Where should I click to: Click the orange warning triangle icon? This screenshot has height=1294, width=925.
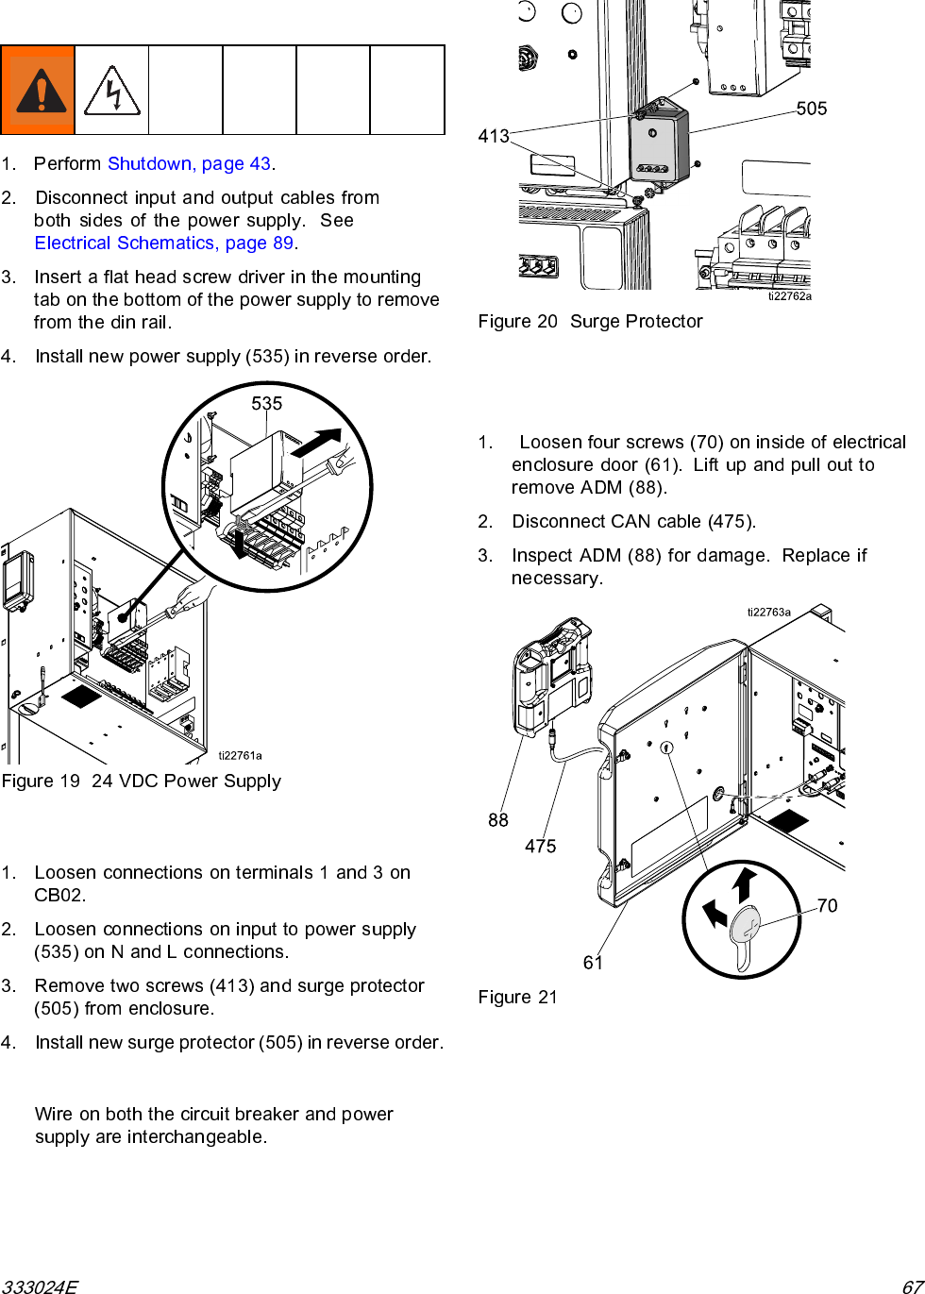click(39, 91)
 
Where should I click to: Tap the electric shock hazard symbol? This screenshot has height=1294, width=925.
click(112, 91)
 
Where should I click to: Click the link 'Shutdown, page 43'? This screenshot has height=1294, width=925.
click(190, 163)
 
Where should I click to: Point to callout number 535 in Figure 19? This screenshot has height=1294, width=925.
click(267, 403)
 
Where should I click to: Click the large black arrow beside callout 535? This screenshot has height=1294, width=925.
click(316, 443)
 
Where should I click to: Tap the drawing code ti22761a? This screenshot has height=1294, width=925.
click(240, 755)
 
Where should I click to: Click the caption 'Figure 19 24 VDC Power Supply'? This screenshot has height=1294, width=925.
click(142, 781)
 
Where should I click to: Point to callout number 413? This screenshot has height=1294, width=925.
click(494, 136)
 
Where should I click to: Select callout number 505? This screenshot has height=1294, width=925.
click(812, 109)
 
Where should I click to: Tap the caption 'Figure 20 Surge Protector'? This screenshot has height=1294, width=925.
click(590, 321)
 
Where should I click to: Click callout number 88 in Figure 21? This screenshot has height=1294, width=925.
click(498, 820)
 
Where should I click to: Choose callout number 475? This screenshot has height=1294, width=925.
click(541, 846)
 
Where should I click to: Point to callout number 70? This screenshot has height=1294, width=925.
click(827, 905)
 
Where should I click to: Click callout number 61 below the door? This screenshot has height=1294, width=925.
click(593, 962)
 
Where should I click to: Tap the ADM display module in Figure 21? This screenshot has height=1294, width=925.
click(552, 675)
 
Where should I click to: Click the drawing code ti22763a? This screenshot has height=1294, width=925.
click(769, 612)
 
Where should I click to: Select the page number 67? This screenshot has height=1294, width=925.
click(912, 1286)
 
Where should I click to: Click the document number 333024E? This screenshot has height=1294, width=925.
click(40, 1286)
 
